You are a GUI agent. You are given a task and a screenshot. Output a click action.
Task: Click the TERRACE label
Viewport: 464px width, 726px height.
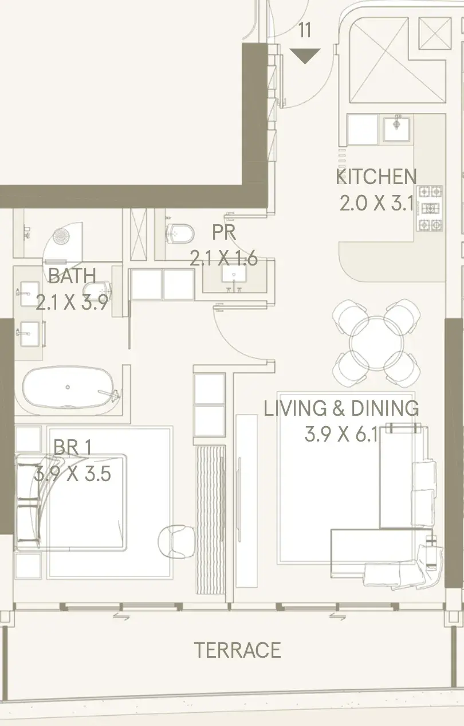pos(237,650)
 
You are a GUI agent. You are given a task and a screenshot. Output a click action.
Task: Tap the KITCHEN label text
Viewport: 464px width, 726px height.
pos(376,177)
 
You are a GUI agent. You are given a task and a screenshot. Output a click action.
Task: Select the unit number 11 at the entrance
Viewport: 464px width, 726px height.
pos(304,30)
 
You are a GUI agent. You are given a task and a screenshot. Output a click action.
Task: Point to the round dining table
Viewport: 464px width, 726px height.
pos(376,342)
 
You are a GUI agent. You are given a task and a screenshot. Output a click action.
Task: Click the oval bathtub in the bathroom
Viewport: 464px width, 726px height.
pos(68,387)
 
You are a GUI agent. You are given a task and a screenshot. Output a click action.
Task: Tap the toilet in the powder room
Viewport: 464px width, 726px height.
pos(179,233)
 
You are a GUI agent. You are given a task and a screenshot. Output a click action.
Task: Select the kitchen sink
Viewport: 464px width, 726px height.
pos(396,128)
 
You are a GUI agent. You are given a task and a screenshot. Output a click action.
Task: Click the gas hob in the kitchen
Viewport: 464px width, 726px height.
pos(430,208)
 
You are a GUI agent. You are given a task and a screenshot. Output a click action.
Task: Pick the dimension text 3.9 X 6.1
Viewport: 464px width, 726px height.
pos(341,434)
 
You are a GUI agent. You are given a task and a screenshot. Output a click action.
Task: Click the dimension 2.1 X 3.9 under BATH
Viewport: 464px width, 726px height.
pos(72,302)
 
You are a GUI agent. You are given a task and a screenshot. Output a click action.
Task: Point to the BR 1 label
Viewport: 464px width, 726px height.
pos(73,447)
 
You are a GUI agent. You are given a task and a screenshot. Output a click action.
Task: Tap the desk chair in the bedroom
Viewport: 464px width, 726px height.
pos(176,542)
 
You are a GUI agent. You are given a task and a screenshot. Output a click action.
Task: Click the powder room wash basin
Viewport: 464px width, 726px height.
pos(234,274)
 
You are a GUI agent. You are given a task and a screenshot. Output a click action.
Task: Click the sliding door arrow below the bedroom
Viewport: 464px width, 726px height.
pos(121,617)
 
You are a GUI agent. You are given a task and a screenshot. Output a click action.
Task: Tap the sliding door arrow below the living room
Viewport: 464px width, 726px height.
pos(337,617)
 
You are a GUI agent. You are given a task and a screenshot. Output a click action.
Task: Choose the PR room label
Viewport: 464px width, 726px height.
pos(224,232)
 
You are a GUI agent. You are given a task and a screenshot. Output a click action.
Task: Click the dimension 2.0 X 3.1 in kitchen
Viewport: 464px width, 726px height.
pos(377,204)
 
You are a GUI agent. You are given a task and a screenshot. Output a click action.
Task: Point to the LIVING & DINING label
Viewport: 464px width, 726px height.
pos(341,408)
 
